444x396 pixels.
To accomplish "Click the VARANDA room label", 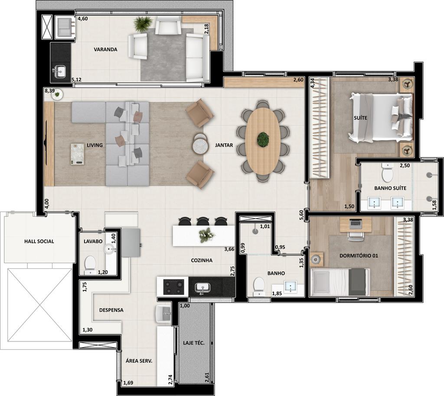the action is click(x=105, y=49).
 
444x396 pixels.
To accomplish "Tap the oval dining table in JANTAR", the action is click(x=263, y=142).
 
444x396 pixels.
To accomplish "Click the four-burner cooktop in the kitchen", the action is click(x=173, y=287).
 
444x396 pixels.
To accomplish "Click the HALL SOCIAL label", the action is click(x=39, y=241).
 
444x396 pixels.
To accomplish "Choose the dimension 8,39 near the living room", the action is click(x=50, y=91).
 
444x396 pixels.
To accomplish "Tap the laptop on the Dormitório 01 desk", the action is click(x=356, y=223).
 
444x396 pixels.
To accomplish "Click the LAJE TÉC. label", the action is click(x=194, y=343).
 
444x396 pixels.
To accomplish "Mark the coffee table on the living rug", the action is click(x=77, y=154).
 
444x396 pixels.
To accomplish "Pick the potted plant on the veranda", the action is click(x=143, y=24).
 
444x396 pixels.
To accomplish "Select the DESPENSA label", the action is click(x=111, y=310).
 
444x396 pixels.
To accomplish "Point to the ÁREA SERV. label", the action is click(x=139, y=361).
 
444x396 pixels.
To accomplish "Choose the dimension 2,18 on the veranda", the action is click(x=206, y=29).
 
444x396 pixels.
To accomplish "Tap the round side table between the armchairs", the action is click(x=200, y=145).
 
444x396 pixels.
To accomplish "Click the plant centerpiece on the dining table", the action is click(x=263, y=139).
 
